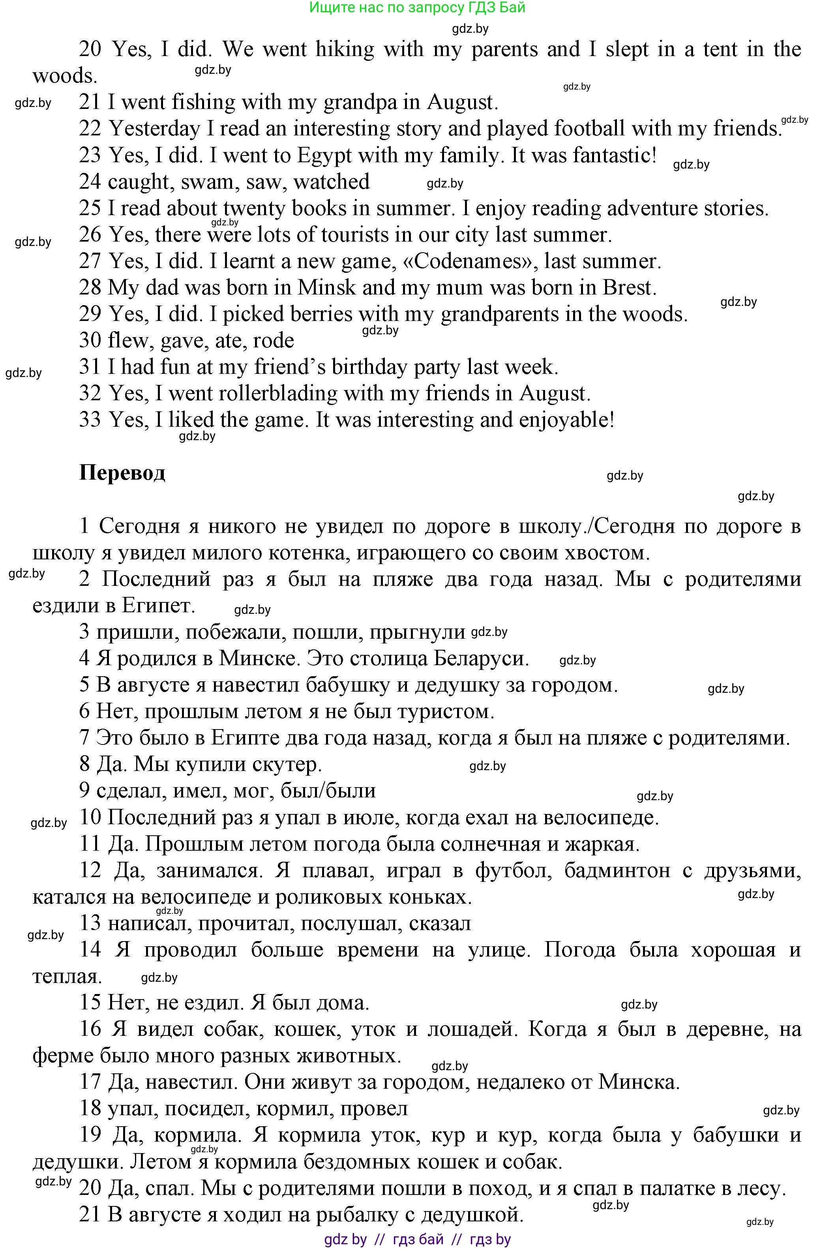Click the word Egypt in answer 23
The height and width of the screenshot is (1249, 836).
click(325, 156)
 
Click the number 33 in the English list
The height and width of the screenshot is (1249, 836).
click(90, 420)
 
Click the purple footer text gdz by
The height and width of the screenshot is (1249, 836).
click(345, 1240)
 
